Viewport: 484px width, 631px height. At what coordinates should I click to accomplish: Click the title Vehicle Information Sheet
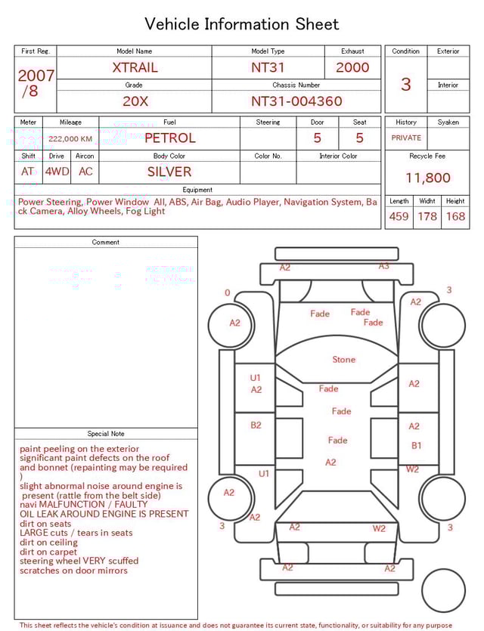(x=242, y=24)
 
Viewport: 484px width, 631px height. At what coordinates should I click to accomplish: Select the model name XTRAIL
(x=135, y=67)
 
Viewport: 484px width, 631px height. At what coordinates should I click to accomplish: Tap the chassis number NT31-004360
(x=296, y=101)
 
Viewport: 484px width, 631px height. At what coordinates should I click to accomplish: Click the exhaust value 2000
(x=352, y=67)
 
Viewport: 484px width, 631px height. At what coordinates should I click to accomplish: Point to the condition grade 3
(x=405, y=84)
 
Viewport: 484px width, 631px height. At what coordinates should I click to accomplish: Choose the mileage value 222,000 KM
(x=70, y=139)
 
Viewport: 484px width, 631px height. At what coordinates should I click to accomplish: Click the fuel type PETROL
(x=169, y=138)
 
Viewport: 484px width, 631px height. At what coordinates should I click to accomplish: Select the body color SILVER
(x=169, y=172)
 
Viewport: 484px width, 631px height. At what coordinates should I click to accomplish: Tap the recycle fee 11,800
(x=427, y=178)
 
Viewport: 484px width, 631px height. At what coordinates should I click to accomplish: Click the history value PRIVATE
(x=406, y=138)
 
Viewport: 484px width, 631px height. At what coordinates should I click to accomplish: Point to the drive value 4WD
(x=57, y=172)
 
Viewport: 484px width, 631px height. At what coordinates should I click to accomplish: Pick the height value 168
(x=455, y=217)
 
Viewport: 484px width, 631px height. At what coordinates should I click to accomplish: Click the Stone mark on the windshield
(x=343, y=360)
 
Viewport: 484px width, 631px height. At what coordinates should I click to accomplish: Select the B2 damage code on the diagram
(x=256, y=425)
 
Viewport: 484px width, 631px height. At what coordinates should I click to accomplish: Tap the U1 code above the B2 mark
(x=256, y=378)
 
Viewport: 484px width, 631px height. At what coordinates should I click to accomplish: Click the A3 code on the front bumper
(x=383, y=266)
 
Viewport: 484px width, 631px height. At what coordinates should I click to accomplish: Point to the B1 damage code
(x=416, y=446)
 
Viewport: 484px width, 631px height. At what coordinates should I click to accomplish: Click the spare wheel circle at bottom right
(x=444, y=591)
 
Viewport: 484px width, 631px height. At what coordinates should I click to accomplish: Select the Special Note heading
(x=106, y=434)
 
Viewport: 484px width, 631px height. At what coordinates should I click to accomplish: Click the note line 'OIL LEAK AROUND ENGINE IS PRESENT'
(x=104, y=514)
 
